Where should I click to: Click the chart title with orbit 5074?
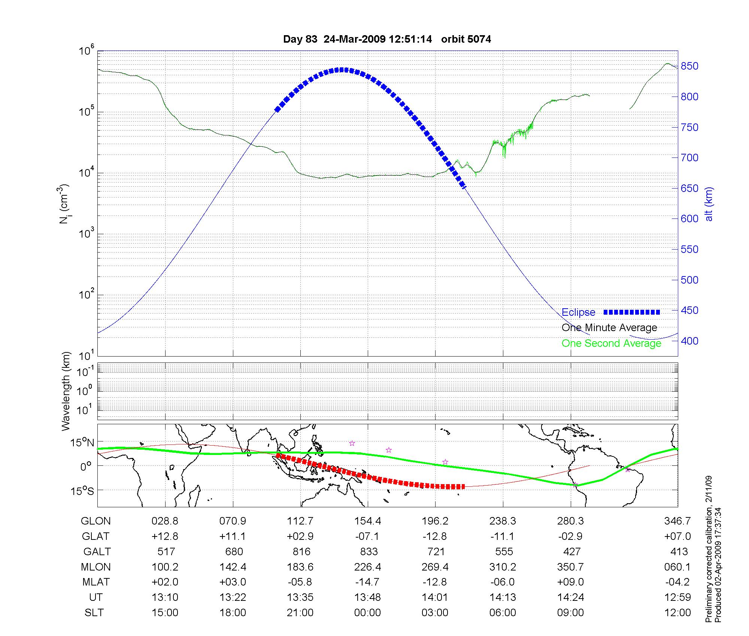[387, 39]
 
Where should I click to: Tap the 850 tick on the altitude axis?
[689, 66]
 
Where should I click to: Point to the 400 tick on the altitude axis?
[689, 341]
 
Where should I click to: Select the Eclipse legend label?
[578, 312]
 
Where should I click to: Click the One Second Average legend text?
[611, 343]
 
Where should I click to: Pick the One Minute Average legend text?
[609, 328]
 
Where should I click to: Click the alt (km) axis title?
[709, 204]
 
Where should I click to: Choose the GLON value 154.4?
[367, 521]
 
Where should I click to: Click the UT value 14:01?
[435, 597]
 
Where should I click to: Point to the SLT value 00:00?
[367, 613]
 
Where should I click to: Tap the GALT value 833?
[369, 552]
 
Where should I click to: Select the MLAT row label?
[96, 582]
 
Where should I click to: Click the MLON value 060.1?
[677, 567]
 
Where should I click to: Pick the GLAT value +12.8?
[165, 536]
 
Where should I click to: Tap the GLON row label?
[96, 521]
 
